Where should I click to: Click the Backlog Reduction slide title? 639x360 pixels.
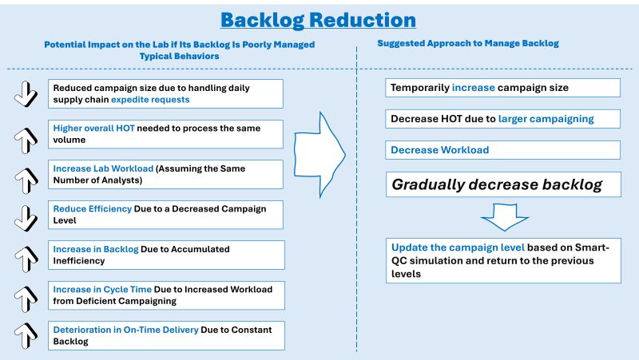[x=318, y=20]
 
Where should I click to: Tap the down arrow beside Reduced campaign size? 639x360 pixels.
[x=26, y=93]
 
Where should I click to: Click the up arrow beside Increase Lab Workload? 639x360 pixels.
[x=26, y=176]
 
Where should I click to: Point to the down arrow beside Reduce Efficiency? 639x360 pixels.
[x=26, y=215]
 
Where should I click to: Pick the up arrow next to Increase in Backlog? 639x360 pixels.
[x=26, y=256]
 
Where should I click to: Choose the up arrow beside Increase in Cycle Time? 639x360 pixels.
[x=26, y=295]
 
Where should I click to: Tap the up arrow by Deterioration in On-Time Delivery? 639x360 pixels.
[x=26, y=334]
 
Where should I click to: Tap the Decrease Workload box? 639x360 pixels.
[x=504, y=150]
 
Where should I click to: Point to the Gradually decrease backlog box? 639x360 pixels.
[x=504, y=185]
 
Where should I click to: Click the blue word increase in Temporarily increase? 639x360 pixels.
[x=476, y=87]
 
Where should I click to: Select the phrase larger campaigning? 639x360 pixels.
[x=546, y=119]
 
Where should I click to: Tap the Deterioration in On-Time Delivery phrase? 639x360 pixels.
[x=119, y=329]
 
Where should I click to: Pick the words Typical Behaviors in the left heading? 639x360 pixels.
[x=180, y=59]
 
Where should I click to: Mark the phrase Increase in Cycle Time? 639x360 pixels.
[x=101, y=289]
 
